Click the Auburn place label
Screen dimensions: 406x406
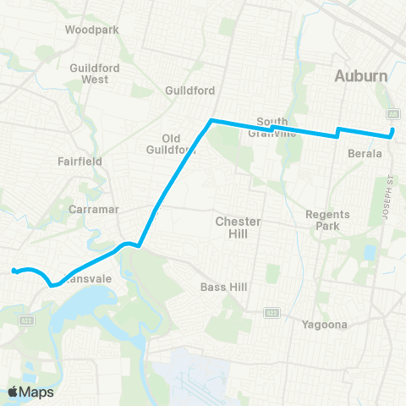(x=360, y=75)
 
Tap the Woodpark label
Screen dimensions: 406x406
(x=92, y=29)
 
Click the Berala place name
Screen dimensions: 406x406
(x=366, y=154)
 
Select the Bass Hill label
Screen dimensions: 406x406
(x=223, y=288)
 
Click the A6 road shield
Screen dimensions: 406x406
(x=392, y=113)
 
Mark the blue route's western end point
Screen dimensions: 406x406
(x=14, y=271)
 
